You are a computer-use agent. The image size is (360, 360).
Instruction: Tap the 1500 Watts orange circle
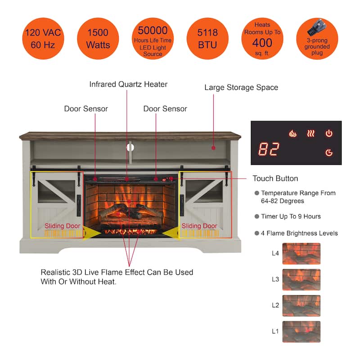coord(98,39)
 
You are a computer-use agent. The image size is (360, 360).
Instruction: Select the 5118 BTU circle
coord(207,39)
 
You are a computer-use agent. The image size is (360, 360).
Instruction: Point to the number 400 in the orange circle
coord(262,43)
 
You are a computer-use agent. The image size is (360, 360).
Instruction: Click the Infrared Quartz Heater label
coord(128,84)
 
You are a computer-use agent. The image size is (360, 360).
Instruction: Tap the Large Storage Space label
coord(241,87)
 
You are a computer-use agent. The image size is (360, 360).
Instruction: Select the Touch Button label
coord(275,179)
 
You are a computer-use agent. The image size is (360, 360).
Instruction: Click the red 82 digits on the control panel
coord(269,149)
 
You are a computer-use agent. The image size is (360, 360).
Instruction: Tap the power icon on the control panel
coord(329,133)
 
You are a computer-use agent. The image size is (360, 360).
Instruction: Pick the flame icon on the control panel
coord(293,134)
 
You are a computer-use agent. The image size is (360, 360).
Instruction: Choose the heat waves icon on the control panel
coord(311,134)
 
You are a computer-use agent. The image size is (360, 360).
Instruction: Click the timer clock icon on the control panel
coord(329,153)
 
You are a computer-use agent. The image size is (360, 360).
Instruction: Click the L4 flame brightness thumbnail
coord(301,253)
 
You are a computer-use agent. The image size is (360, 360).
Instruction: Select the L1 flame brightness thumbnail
coord(301,332)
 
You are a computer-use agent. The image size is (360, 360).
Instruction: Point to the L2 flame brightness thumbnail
coord(301,306)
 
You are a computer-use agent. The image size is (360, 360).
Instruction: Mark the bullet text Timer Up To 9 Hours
coord(291,216)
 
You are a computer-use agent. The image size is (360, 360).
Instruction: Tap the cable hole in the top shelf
coord(130,147)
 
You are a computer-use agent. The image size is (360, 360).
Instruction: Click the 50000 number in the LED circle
coord(153,31)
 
